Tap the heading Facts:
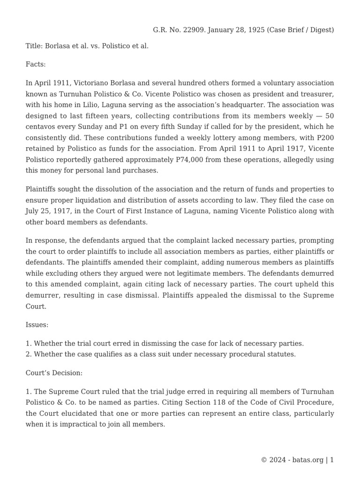coord(36,64)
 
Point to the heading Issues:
coord(37,324)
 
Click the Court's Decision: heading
coord(54,373)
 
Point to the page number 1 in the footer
coord(332,460)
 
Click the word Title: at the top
coord(34,46)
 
